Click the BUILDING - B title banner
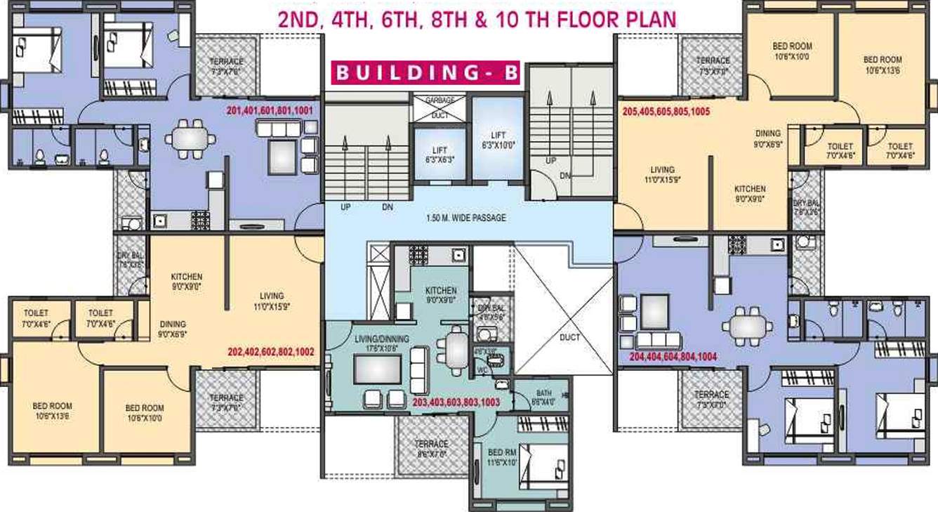pyautogui.click(x=425, y=73)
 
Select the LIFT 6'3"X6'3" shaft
pyautogui.click(x=438, y=155)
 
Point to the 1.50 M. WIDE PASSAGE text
pyautogui.click(x=466, y=218)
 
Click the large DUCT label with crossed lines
pyautogui.click(x=570, y=337)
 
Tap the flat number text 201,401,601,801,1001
pyautogui.click(x=270, y=111)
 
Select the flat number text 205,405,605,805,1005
pyautogui.click(x=666, y=111)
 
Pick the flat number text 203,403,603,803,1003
pyautogui.click(x=456, y=402)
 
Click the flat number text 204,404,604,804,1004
pyautogui.click(x=673, y=357)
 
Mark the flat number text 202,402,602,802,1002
pyautogui.click(x=270, y=351)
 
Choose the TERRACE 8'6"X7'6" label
pyautogui.click(x=431, y=449)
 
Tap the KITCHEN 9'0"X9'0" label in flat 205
pyautogui.click(x=750, y=194)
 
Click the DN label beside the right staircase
pyautogui.click(x=564, y=176)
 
